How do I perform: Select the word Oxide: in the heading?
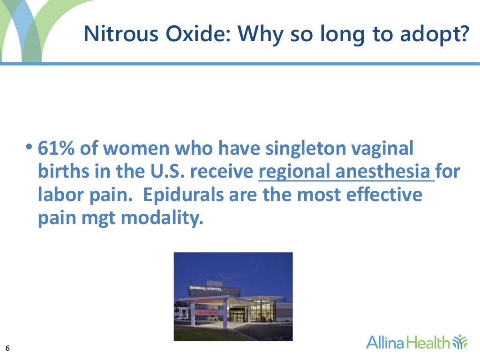click(x=175, y=34)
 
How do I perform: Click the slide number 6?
click(x=8, y=348)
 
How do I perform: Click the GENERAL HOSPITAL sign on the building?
click(x=205, y=288)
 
